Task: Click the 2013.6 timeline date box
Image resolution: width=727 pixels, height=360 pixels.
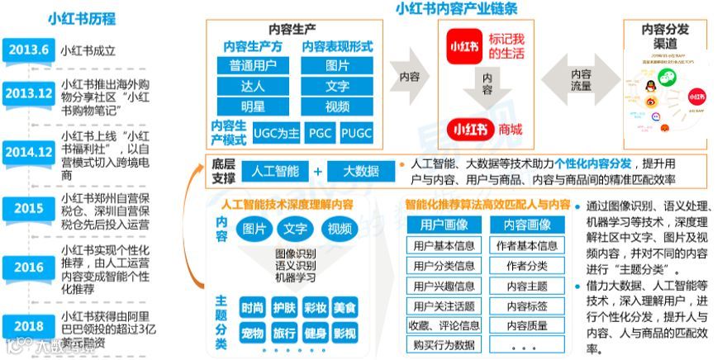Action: click(x=28, y=50)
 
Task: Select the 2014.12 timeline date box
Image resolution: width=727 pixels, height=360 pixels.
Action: click(x=28, y=152)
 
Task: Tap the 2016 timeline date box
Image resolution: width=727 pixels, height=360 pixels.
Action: click(x=28, y=267)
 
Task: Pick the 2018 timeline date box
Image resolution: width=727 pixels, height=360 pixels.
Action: click(x=28, y=325)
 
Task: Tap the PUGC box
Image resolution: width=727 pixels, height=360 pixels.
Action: click(x=357, y=132)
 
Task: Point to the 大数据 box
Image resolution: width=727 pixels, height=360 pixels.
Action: click(x=360, y=171)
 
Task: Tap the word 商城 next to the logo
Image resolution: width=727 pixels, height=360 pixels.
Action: click(x=511, y=130)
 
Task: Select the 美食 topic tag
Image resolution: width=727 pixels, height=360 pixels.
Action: click(x=344, y=308)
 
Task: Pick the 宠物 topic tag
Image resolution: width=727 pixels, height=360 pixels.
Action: click(x=253, y=334)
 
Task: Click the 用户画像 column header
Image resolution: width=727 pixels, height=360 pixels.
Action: click(x=442, y=225)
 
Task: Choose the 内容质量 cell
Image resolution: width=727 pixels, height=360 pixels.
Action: click(x=527, y=325)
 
